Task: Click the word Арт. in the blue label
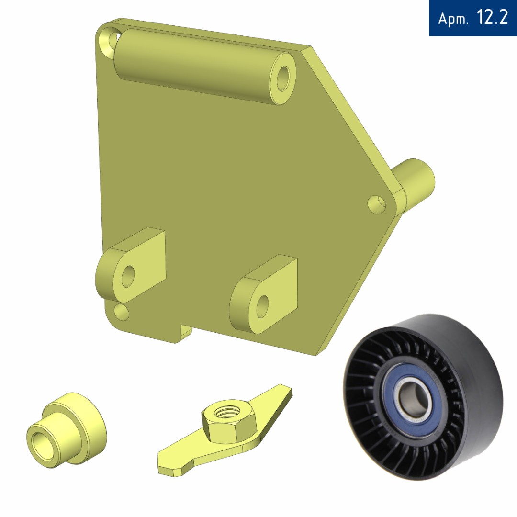[453, 19]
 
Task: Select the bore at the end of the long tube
[282, 79]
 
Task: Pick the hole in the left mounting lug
[128, 276]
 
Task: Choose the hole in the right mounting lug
[262, 306]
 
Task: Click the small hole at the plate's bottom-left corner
[121, 312]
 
